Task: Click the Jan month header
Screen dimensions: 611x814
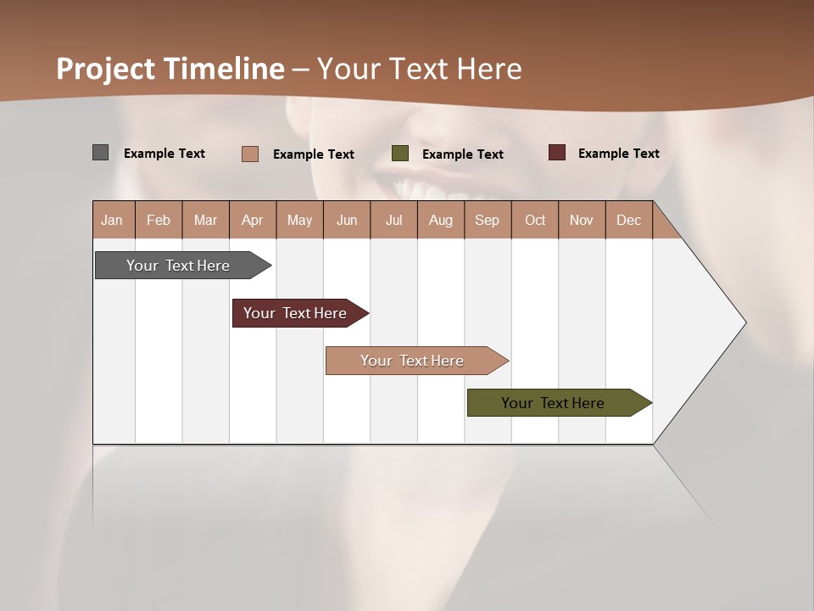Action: pos(112,220)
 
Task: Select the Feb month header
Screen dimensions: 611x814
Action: pos(159,220)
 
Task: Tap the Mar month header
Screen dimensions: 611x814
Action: pos(205,220)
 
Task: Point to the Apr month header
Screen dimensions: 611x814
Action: pos(253,220)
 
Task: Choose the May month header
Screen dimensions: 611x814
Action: pos(299,220)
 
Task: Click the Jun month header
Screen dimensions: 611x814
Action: pos(347,220)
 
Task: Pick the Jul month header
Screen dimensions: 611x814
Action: pos(394,220)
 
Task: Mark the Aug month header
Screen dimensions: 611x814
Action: pos(441,220)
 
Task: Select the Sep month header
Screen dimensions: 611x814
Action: pos(488,220)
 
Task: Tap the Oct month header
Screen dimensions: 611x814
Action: pos(535,220)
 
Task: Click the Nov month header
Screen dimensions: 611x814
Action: pos(582,220)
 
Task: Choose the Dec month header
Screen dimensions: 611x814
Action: pos(629,220)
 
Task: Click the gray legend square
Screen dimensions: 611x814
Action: pos(100,153)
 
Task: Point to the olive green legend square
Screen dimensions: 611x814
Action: pos(400,154)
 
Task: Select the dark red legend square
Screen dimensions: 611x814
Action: pos(556,153)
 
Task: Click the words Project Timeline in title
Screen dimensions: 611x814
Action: pos(170,69)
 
